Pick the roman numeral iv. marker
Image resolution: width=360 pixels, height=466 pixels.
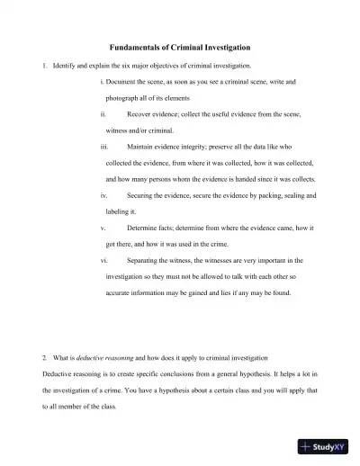pos(105,195)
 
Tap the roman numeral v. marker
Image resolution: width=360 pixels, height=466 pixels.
pos(103,228)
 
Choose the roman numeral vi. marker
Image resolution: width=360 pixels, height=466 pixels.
pos(105,260)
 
